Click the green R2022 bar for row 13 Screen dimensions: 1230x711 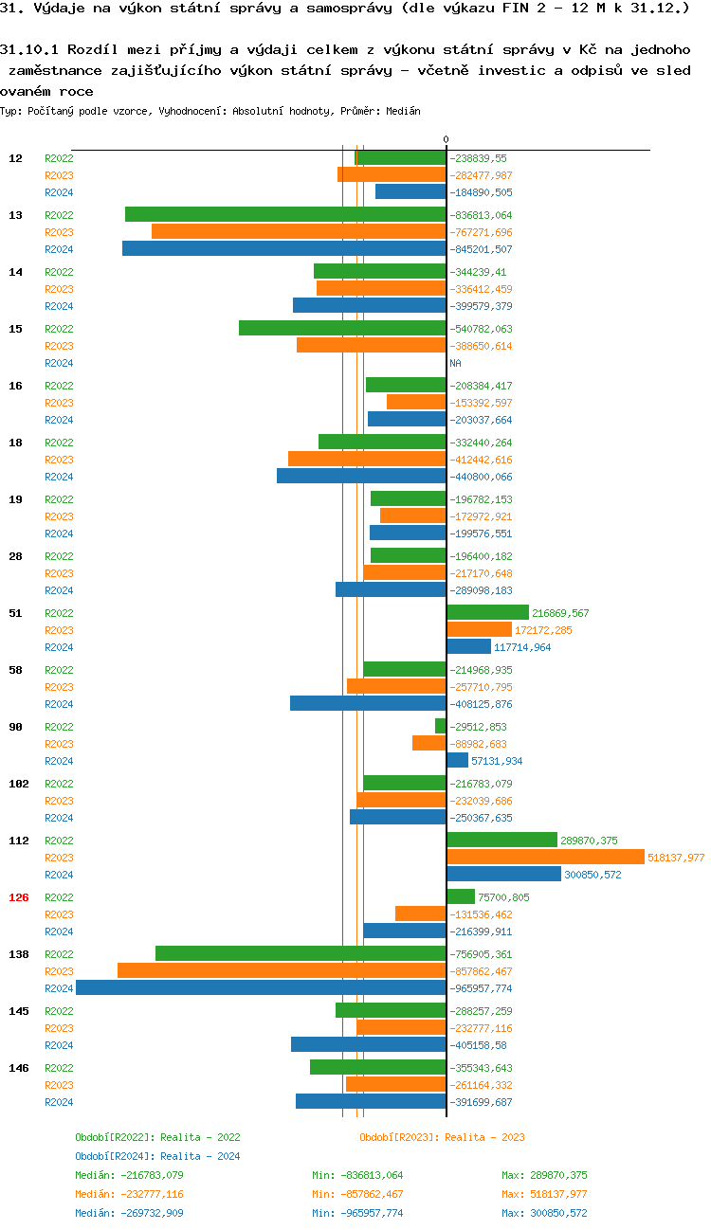(x=285, y=215)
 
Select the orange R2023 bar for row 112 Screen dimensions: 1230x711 (x=545, y=858)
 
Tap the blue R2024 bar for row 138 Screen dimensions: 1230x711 (x=261, y=988)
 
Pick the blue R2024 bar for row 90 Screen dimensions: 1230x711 (x=457, y=761)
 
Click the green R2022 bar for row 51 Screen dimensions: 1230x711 (x=487, y=613)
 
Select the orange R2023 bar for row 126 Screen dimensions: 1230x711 (x=420, y=914)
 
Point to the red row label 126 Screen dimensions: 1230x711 (x=19, y=897)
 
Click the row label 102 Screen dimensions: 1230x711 (x=19, y=784)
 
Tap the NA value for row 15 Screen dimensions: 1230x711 (x=455, y=363)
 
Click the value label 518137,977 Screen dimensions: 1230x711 (x=676, y=858)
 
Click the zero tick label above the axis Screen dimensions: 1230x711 (x=446, y=140)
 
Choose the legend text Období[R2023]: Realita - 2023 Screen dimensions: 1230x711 (x=442, y=1137)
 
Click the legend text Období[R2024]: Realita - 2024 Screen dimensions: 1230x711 (x=157, y=1156)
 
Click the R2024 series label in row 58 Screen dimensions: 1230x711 (x=59, y=704)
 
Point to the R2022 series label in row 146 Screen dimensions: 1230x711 (x=59, y=1068)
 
